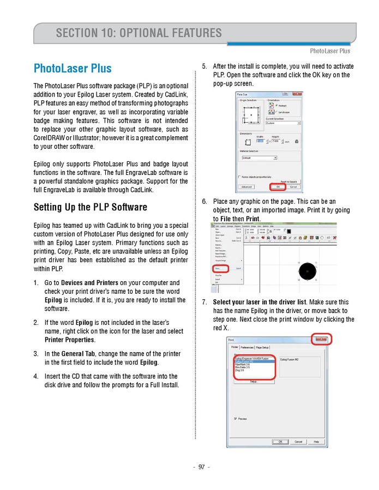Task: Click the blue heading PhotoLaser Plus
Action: coord(73,69)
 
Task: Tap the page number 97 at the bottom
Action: coord(201,467)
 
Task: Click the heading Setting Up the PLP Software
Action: coord(91,207)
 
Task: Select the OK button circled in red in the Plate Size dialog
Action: coord(278,186)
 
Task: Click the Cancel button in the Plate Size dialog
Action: coord(293,186)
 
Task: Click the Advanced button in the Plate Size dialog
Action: coord(246,186)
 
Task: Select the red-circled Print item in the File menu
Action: coord(218,268)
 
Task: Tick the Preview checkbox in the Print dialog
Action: coord(235,419)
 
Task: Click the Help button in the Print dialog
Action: coord(316,441)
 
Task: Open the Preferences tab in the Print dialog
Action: coord(247,347)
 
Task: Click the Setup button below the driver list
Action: coord(254,381)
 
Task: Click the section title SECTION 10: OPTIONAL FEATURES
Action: coord(139,33)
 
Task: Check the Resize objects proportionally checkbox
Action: coord(239,177)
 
